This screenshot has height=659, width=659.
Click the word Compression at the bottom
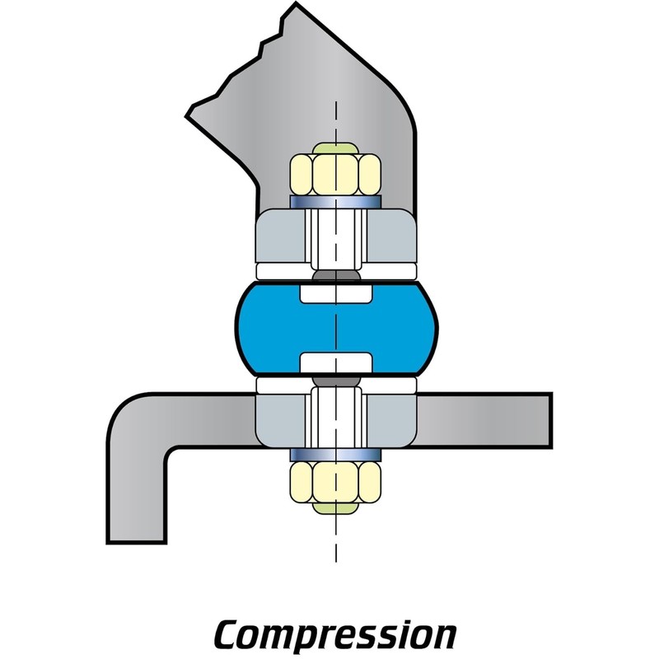(335, 634)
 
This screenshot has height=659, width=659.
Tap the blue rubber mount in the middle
(336, 328)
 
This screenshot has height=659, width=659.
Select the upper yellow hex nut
(335, 175)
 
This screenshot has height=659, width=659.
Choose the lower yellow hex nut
(335, 482)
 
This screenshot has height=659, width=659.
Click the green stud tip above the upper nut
(335, 148)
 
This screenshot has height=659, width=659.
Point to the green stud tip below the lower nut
(335, 508)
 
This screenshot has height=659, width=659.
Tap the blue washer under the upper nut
(335, 202)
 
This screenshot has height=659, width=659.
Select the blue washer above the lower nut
(335, 455)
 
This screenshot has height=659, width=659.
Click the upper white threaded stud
(336, 240)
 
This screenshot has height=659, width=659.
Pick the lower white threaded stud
(336, 418)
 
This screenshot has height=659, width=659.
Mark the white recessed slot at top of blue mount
(336, 294)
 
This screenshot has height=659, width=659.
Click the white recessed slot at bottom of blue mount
(336, 362)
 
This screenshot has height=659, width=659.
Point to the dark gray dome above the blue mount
(336, 275)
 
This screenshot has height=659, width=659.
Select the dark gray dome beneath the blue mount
(336, 381)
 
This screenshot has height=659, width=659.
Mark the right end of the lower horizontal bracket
(550, 420)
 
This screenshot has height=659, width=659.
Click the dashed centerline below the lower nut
(336, 538)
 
